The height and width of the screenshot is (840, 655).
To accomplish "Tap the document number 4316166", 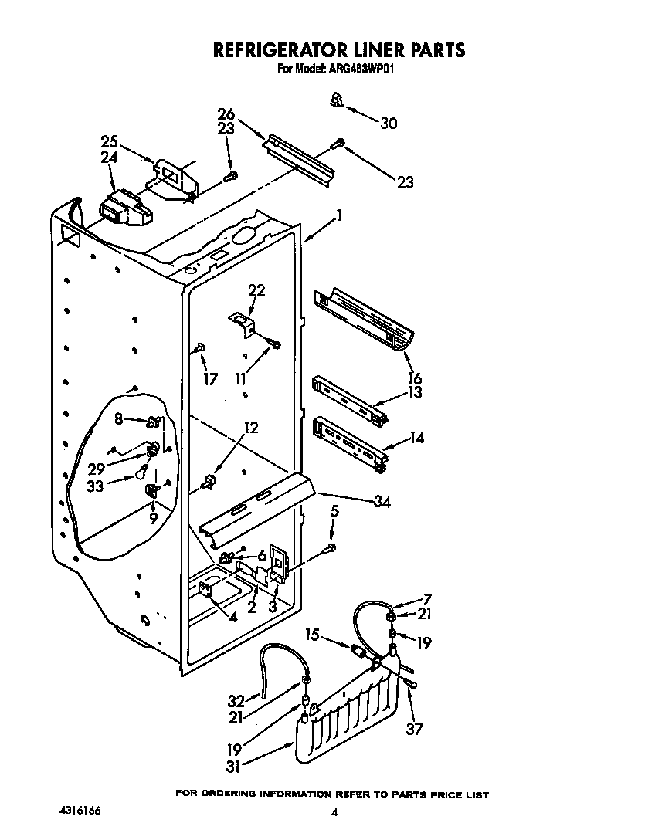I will tap(79, 811).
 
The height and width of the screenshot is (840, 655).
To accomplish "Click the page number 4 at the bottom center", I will tap(334, 812).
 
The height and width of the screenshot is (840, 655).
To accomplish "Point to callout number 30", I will tap(389, 123).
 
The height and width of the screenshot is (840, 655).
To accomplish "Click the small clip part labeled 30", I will tap(336, 100).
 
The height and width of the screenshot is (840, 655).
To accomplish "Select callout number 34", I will tap(381, 502).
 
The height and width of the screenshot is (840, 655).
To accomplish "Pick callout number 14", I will tap(416, 438).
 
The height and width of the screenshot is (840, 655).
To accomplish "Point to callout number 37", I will tap(415, 728).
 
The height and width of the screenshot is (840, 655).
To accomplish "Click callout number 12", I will tap(252, 428).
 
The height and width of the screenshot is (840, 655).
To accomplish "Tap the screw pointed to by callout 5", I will tap(331, 548).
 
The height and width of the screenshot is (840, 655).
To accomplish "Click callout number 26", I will tap(226, 114).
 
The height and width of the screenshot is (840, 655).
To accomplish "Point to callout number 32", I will tap(236, 701).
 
